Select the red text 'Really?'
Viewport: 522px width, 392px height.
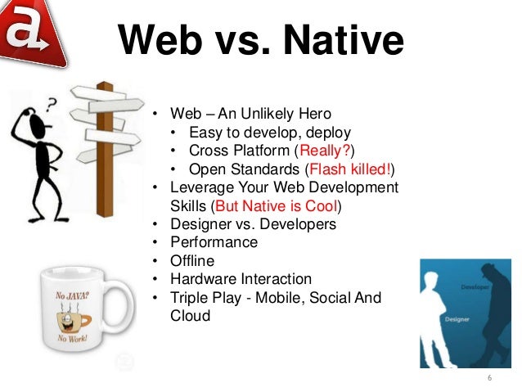(x=324, y=151)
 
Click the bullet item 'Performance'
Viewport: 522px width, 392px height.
(x=214, y=242)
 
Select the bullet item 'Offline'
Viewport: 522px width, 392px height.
(x=192, y=260)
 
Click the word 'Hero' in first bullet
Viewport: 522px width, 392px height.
(x=315, y=114)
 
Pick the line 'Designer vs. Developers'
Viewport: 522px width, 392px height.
(x=253, y=224)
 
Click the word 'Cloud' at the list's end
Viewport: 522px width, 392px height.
(x=190, y=315)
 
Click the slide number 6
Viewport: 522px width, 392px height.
(x=489, y=378)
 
